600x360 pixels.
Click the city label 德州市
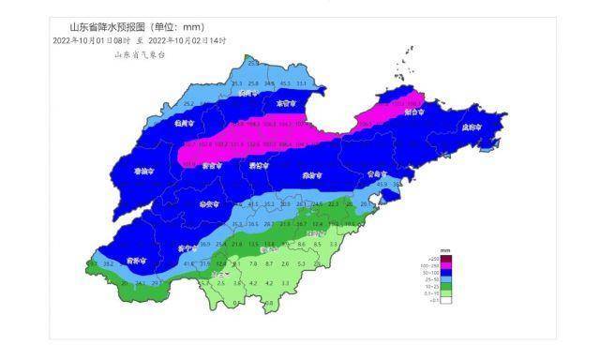(183, 122)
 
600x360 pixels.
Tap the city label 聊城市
(142, 172)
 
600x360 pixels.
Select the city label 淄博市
(256, 166)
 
